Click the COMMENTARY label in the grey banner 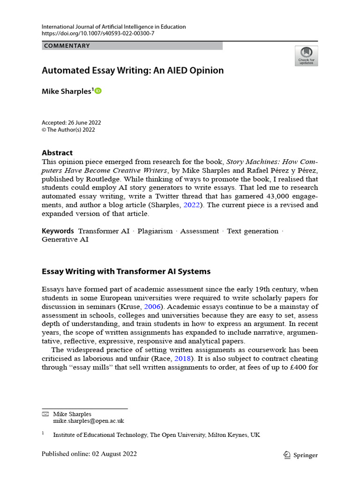pyautogui.click(x=66, y=46)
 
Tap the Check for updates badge pyautogui.click(x=306, y=56)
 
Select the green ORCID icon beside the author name pyautogui.click(x=98, y=91)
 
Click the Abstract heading pyautogui.click(x=57, y=153)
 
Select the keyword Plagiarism pyautogui.click(x=155, y=231)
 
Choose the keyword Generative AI pyautogui.click(x=65, y=240)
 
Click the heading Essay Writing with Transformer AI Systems pyautogui.click(x=126, y=271)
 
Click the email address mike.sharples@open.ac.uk pyautogui.click(x=89, y=421)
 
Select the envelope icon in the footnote pyautogui.click(x=45, y=414)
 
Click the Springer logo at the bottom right pyautogui.click(x=300, y=455)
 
